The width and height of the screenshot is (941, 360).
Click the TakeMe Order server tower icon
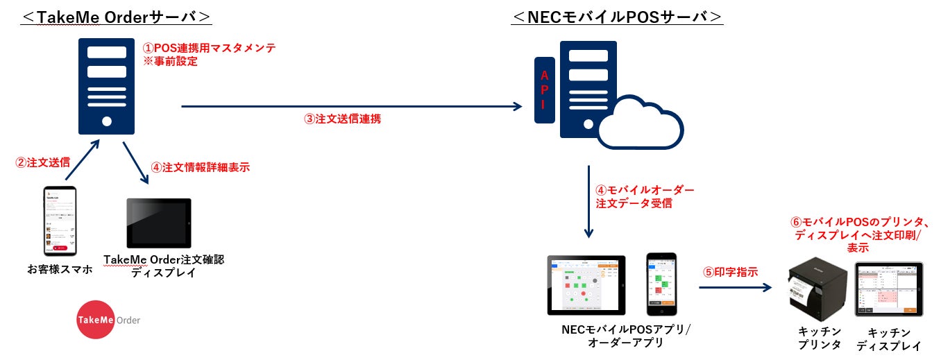pyautogui.click(x=106, y=86)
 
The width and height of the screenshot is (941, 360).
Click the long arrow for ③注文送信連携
pyautogui.click(x=351, y=106)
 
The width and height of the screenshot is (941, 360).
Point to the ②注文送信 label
pyautogui.click(x=42, y=164)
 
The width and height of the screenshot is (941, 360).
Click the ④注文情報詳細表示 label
pyautogui.click(x=200, y=167)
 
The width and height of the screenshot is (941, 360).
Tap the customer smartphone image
pyautogui.click(x=60, y=221)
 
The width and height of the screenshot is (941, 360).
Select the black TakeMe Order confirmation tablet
pyautogui.click(x=158, y=223)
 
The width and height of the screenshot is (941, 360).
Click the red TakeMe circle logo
pyautogui.click(x=95, y=319)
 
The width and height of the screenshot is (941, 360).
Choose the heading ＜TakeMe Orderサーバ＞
pyautogui.click(x=116, y=17)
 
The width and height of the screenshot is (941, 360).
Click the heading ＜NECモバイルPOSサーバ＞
pyautogui.click(x=617, y=17)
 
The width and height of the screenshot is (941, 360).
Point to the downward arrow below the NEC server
pyautogui.click(x=589, y=200)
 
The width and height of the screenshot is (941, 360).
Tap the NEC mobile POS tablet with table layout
pyautogui.click(x=586, y=285)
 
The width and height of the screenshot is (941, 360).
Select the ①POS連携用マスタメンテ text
pyautogui.click(x=208, y=49)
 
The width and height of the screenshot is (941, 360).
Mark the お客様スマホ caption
pyautogui.click(x=60, y=269)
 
